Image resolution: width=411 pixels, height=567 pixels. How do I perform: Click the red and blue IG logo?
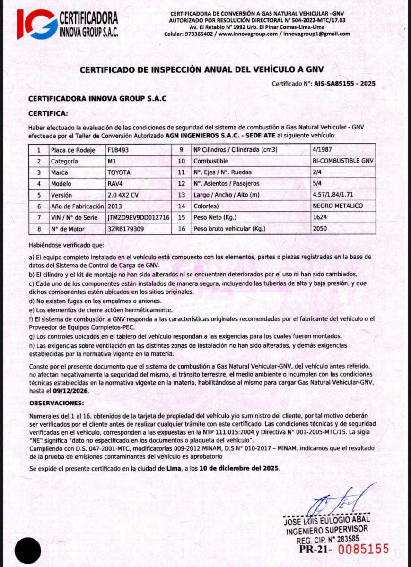click(x=36, y=24)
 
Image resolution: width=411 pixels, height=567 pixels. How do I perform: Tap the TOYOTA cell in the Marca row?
click(x=119, y=172)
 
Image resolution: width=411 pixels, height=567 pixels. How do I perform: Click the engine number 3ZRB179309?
click(x=126, y=229)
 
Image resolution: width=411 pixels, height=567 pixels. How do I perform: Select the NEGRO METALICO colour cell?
click(x=338, y=206)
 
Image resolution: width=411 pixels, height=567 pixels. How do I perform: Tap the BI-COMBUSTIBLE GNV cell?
click(x=343, y=161)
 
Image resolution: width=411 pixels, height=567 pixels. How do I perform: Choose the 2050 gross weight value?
click(x=320, y=229)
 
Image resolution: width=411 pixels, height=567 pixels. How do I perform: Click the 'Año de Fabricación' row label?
click(x=76, y=206)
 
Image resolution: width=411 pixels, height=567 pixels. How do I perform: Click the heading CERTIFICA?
click(x=48, y=113)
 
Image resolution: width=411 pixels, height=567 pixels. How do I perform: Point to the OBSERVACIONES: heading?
click(x=56, y=403)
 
